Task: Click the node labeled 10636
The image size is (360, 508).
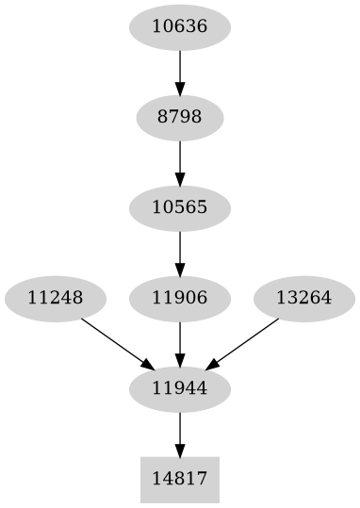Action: click(179, 27)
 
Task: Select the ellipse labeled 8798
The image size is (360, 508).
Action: click(179, 118)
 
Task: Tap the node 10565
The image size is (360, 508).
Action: click(179, 208)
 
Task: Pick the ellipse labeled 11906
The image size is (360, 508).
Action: click(179, 299)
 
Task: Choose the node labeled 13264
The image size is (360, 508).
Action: click(303, 299)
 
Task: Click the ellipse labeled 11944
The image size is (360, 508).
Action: click(179, 389)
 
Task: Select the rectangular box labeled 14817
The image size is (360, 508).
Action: click(179, 480)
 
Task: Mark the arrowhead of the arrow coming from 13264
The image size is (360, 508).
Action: click(212, 365)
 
